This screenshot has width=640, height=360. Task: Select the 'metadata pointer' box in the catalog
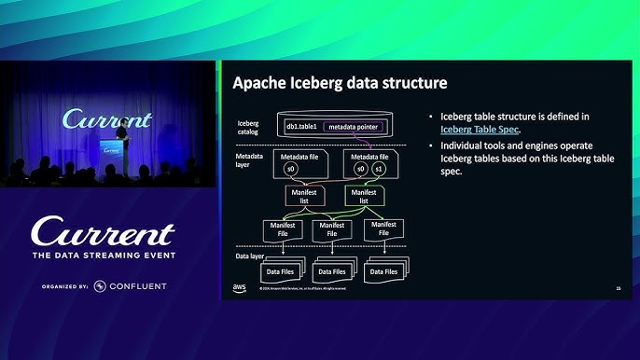356,126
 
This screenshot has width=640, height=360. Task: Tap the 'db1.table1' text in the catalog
302,126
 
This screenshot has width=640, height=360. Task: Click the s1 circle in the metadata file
378,170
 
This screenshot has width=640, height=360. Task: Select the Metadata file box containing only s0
299,164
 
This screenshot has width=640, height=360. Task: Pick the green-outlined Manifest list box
364,196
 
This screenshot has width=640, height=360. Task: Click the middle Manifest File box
332,229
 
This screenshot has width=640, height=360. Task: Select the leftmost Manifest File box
282,229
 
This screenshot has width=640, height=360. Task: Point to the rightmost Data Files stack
385,270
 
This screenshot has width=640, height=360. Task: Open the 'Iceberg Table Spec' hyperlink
480,130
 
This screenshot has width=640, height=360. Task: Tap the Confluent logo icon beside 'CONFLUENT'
100,285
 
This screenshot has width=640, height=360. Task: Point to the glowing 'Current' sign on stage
106,120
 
